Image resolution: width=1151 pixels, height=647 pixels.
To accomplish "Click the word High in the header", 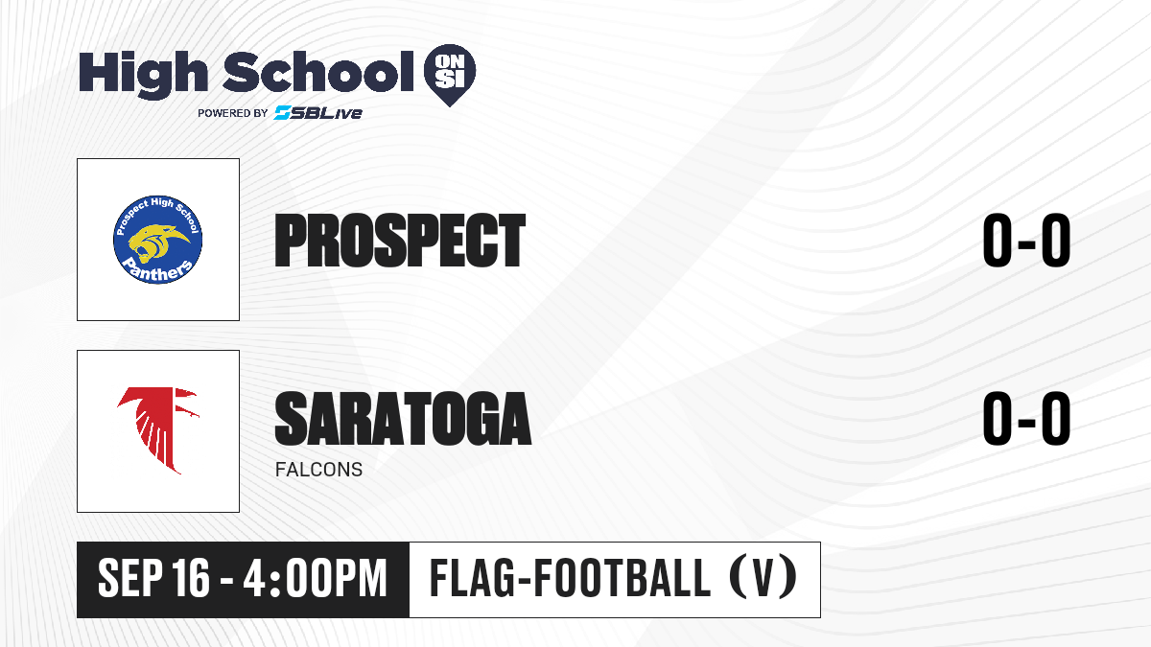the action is (143, 75).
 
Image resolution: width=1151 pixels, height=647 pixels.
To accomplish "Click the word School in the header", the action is (318, 72).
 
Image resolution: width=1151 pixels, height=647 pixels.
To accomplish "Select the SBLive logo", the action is (318, 112).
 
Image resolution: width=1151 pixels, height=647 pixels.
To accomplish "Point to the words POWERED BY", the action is (233, 113).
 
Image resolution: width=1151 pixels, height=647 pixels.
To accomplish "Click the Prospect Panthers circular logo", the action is (157, 240).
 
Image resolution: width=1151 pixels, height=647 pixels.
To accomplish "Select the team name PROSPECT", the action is (400, 241).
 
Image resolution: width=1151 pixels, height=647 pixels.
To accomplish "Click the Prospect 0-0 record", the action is (1026, 241).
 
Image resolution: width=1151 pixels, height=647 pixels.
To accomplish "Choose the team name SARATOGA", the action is (403, 418).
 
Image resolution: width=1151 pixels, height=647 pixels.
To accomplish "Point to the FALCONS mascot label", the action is (318, 470).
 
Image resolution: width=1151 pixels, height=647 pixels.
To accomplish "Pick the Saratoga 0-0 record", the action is (1026, 418).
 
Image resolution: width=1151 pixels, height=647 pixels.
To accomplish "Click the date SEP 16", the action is (153, 579).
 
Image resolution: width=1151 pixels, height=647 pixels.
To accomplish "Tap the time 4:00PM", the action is (315, 579).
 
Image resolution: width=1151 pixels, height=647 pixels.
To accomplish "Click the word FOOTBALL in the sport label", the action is (622, 579).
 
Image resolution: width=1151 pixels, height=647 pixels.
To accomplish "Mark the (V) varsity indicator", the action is (763, 578).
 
